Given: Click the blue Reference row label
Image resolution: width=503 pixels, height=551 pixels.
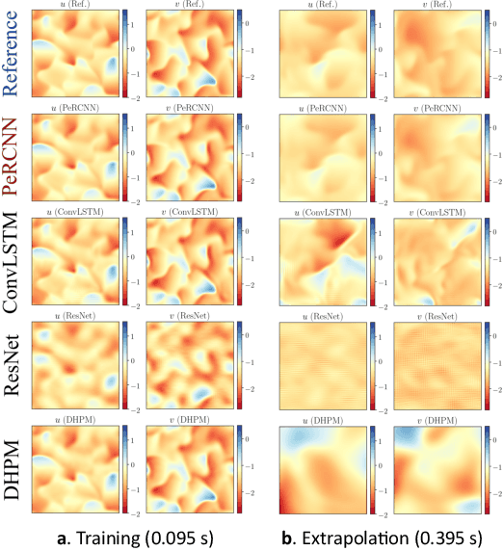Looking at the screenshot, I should (x=13, y=54).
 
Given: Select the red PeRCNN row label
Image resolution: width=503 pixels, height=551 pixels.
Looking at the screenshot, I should (x=13, y=156).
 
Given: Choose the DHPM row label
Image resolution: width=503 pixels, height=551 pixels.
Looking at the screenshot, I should (x=13, y=462).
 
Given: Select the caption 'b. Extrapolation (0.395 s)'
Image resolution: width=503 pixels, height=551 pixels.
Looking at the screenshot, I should (x=381, y=533).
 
